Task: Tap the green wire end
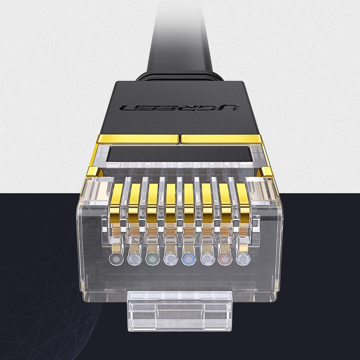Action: [152, 259]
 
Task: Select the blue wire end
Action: [189, 259]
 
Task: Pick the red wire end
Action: [226, 259]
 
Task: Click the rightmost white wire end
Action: [243, 259]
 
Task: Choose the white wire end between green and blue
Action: [171, 259]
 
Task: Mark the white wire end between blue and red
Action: [208, 259]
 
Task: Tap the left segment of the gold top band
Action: [138, 139]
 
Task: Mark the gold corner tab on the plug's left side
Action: [100, 170]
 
